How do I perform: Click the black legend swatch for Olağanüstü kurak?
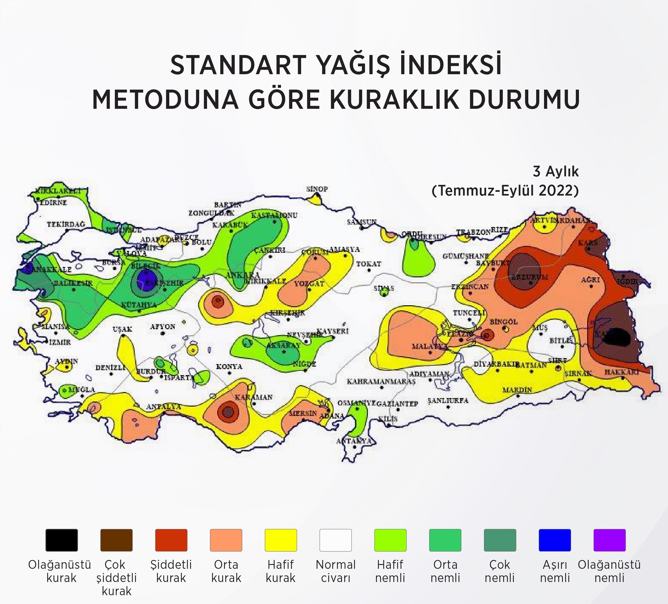[62, 540]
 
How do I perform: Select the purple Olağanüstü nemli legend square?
[609, 540]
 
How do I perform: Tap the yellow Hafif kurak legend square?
[281, 540]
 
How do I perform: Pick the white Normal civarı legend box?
[335, 540]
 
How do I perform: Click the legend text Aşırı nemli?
[555, 571]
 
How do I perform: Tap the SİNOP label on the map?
[317, 189]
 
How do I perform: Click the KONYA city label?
[229, 367]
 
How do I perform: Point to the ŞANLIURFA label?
[448, 401]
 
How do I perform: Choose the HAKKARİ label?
[622, 372]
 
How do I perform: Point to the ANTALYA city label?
[164, 406]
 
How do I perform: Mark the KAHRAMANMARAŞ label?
[381, 381]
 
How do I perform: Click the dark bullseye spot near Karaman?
[228, 412]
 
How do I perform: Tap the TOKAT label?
[368, 264]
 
